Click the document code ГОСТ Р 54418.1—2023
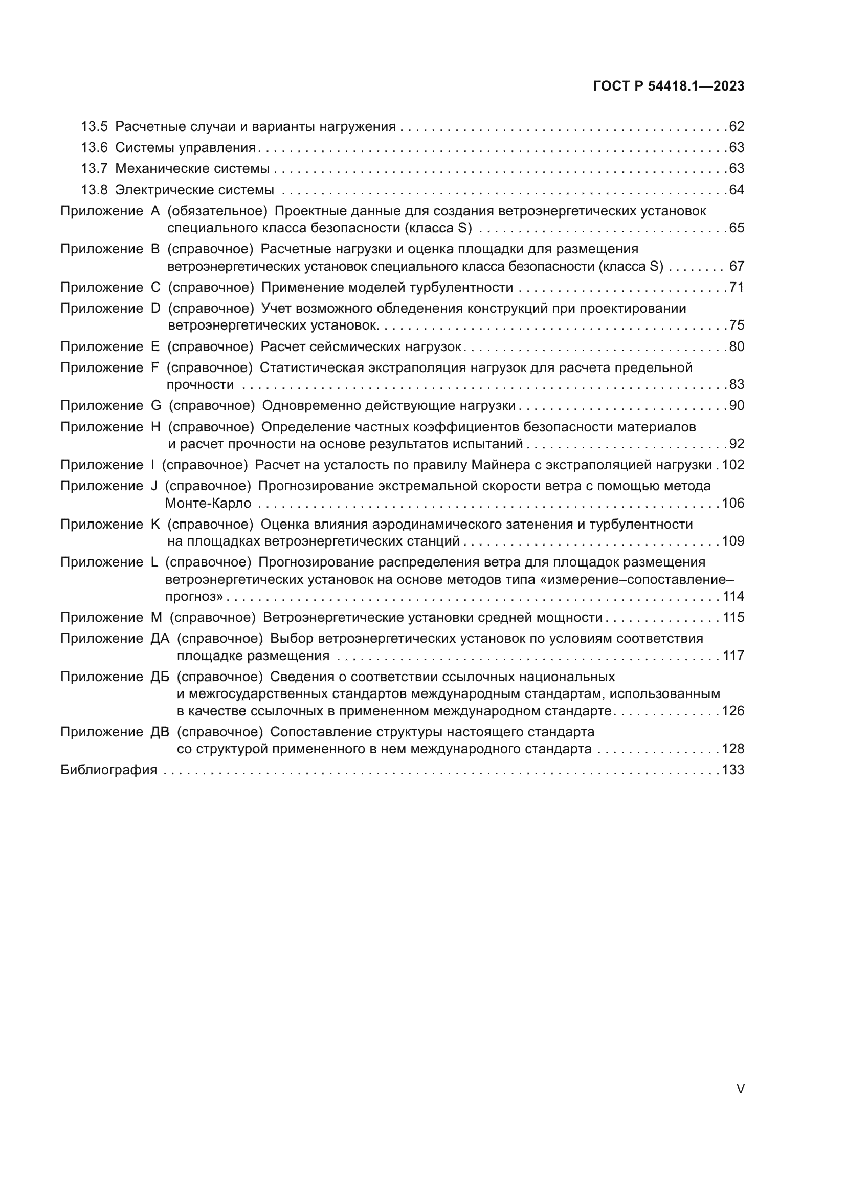(669, 86)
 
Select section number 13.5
(94, 127)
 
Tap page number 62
(737, 127)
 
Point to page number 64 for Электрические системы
(737, 190)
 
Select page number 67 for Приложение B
(737, 267)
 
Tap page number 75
(737, 325)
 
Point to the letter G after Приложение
(156, 406)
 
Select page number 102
(733, 465)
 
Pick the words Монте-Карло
(208, 503)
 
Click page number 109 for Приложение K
(733, 541)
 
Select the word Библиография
(108, 770)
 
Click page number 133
(733, 770)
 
